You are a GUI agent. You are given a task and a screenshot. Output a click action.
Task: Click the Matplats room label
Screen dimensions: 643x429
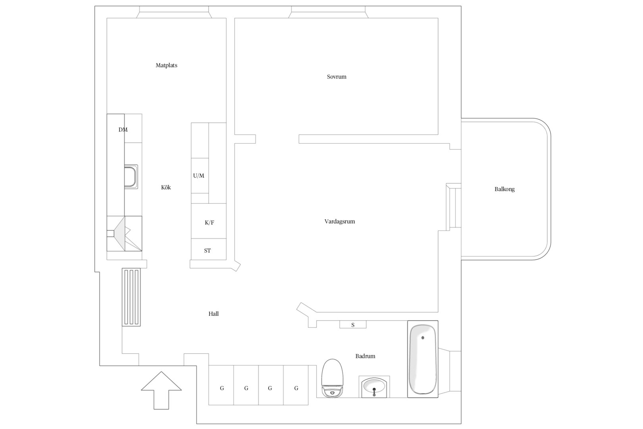(166, 66)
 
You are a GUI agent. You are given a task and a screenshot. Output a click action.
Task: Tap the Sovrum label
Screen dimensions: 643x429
(337, 77)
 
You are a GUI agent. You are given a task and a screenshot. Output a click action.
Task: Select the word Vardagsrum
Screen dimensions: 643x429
(340, 222)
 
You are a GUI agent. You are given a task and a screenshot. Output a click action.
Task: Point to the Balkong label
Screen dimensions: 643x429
(504, 189)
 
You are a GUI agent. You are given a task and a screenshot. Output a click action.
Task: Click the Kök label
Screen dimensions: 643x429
(166, 187)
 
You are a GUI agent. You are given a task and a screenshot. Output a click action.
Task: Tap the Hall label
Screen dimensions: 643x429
(214, 314)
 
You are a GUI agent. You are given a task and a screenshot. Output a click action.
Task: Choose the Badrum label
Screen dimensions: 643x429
(365, 356)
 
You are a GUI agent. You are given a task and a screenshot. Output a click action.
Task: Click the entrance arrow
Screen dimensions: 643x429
(161, 390)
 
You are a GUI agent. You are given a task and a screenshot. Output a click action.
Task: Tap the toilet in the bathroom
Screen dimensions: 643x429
(332, 378)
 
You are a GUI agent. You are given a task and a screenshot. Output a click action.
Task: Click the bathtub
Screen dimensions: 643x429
(423, 359)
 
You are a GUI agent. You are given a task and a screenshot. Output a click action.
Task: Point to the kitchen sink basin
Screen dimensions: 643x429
(131, 176)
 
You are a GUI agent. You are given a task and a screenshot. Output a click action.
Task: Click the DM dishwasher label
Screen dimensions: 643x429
(123, 129)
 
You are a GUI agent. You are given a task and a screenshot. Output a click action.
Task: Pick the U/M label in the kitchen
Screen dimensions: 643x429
(198, 176)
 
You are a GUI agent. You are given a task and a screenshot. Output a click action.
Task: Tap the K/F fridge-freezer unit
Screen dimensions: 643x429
(209, 221)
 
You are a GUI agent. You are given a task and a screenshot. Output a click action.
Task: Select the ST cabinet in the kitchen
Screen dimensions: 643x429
(209, 249)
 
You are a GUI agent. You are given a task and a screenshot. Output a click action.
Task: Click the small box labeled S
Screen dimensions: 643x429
(353, 325)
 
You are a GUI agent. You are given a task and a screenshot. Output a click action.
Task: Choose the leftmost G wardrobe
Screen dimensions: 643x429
(221, 385)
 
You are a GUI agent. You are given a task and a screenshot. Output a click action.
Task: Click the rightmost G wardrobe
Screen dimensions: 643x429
(296, 385)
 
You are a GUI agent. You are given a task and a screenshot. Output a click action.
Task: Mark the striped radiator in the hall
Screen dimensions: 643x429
(131, 297)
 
